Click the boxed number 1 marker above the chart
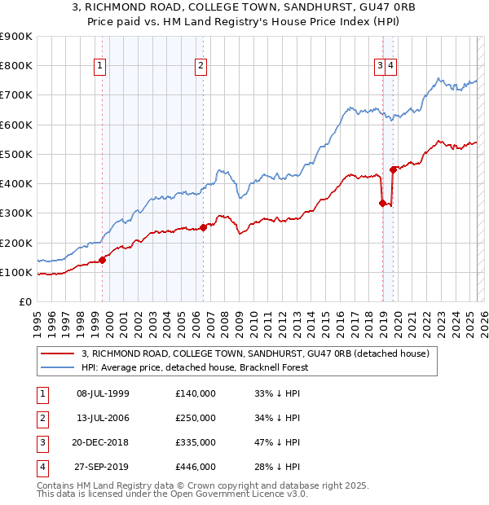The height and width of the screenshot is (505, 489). point(99,67)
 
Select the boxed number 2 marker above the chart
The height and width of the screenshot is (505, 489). point(200,67)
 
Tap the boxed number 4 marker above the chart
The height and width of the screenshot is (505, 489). point(391,67)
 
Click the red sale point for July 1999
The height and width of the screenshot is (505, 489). point(103,260)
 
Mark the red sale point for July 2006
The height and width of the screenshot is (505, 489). point(203,228)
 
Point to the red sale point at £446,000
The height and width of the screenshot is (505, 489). point(394,169)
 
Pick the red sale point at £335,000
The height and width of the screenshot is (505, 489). point(382,203)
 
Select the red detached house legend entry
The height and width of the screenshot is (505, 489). point(260,353)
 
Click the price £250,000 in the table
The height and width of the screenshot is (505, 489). point(196,418)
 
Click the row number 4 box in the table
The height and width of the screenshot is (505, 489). point(40,467)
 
